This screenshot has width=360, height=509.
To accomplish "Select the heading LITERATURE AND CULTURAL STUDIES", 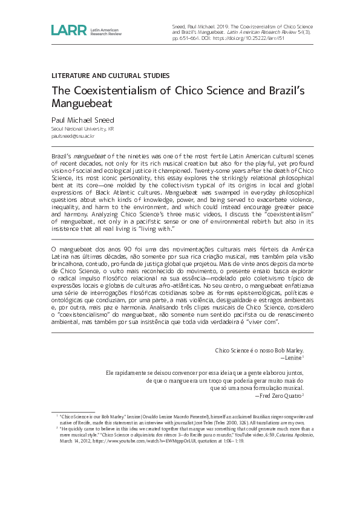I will coord(110,76).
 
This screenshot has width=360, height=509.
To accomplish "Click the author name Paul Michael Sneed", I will coord(82,120).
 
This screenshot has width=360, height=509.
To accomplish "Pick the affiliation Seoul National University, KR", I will coord(82,129).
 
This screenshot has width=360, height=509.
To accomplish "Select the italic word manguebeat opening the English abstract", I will coord(90,156).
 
